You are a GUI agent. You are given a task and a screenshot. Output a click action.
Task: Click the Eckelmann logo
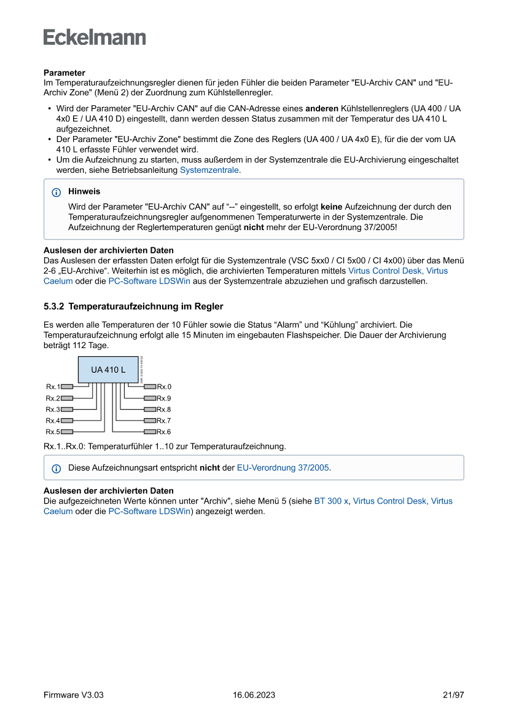(95, 37)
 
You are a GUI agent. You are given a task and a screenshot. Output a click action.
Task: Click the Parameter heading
(64, 73)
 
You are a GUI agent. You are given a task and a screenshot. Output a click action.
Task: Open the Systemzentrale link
(209, 170)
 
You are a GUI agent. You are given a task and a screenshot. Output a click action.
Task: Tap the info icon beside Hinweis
(57, 192)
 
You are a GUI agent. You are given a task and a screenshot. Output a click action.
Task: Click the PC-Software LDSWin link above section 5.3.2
(149, 281)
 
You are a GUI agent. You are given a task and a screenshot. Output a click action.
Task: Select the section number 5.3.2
(55, 306)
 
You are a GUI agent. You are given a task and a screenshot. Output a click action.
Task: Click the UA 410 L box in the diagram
(108, 370)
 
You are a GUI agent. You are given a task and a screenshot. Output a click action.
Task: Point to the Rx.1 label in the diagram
(52, 387)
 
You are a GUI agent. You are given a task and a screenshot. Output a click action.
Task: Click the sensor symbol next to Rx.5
(67, 432)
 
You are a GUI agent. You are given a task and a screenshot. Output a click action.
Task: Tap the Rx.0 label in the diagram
(164, 387)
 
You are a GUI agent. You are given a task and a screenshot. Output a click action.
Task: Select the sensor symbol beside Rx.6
(150, 432)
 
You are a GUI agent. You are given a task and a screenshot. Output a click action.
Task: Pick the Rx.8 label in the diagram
(164, 410)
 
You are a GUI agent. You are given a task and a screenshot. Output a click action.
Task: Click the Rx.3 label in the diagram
(52, 410)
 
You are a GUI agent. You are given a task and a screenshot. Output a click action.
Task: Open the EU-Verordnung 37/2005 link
(283, 468)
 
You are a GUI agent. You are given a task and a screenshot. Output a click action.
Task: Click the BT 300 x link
(331, 501)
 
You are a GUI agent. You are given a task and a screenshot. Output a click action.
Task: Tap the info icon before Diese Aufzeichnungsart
(57, 469)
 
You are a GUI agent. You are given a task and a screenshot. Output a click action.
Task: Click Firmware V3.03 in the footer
(74, 695)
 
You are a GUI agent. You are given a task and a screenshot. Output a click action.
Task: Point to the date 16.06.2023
(254, 695)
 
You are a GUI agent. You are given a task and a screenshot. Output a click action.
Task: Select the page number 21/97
(453, 695)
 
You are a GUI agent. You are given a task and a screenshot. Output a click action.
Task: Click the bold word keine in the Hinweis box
(331, 207)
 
